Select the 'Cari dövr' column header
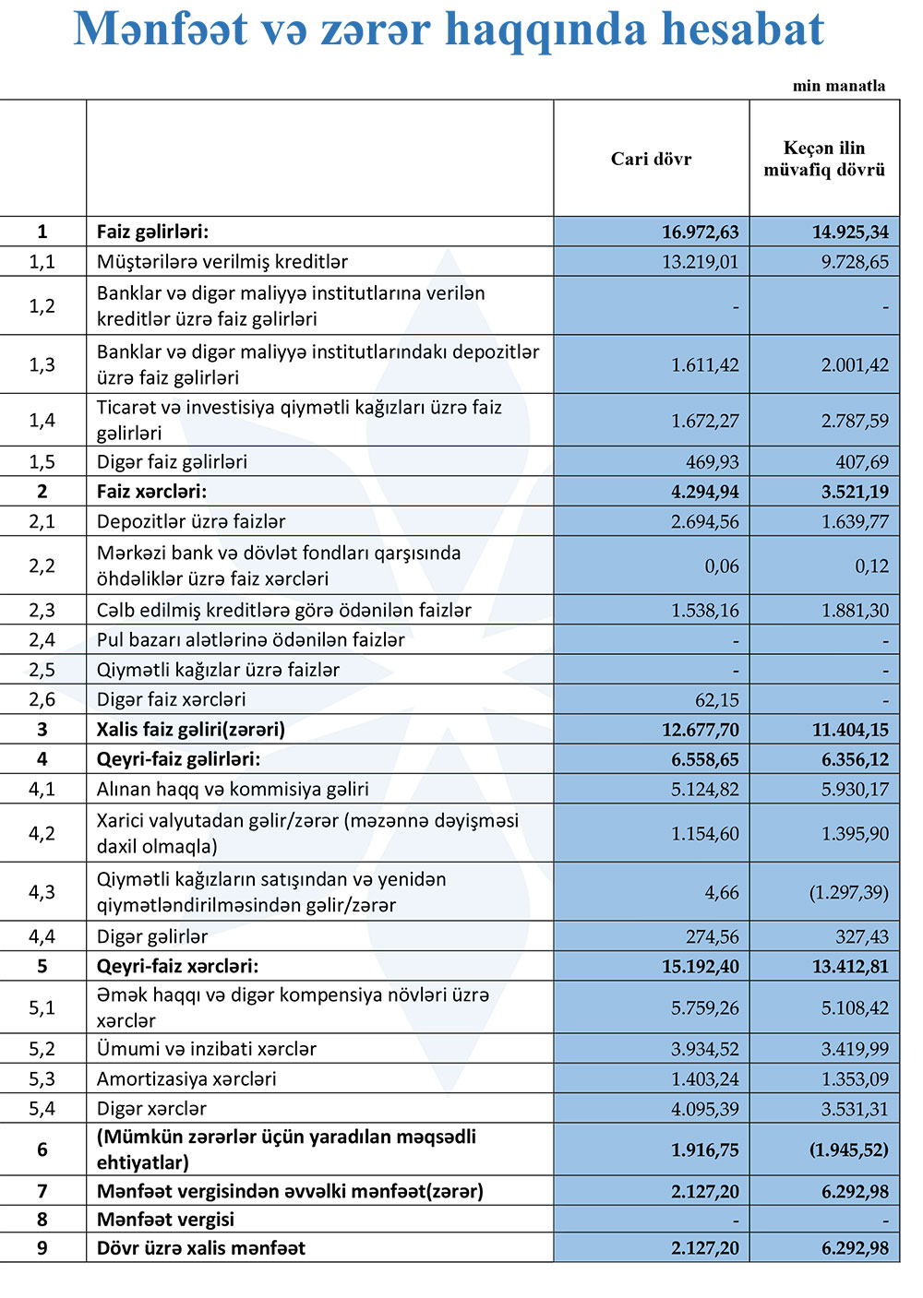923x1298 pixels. point(651,159)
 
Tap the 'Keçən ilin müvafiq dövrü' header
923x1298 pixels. point(824,159)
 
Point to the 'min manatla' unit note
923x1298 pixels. point(838,86)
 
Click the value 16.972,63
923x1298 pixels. point(700,232)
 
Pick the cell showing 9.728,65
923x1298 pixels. point(855,261)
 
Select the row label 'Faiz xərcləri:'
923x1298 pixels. point(151,491)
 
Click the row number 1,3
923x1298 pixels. point(42,364)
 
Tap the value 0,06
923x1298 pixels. point(722,566)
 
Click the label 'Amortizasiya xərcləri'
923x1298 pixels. point(186,1078)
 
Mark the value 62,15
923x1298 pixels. point(716,699)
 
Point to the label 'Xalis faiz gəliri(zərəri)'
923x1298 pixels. point(190,729)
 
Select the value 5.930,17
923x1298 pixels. point(855,789)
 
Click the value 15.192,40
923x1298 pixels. point(700,966)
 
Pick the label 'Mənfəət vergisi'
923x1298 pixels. point(165,1219)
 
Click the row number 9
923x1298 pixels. point(42,1247)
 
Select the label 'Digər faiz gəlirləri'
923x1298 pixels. point(172,461)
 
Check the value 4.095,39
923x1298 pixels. point(704,1108)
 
